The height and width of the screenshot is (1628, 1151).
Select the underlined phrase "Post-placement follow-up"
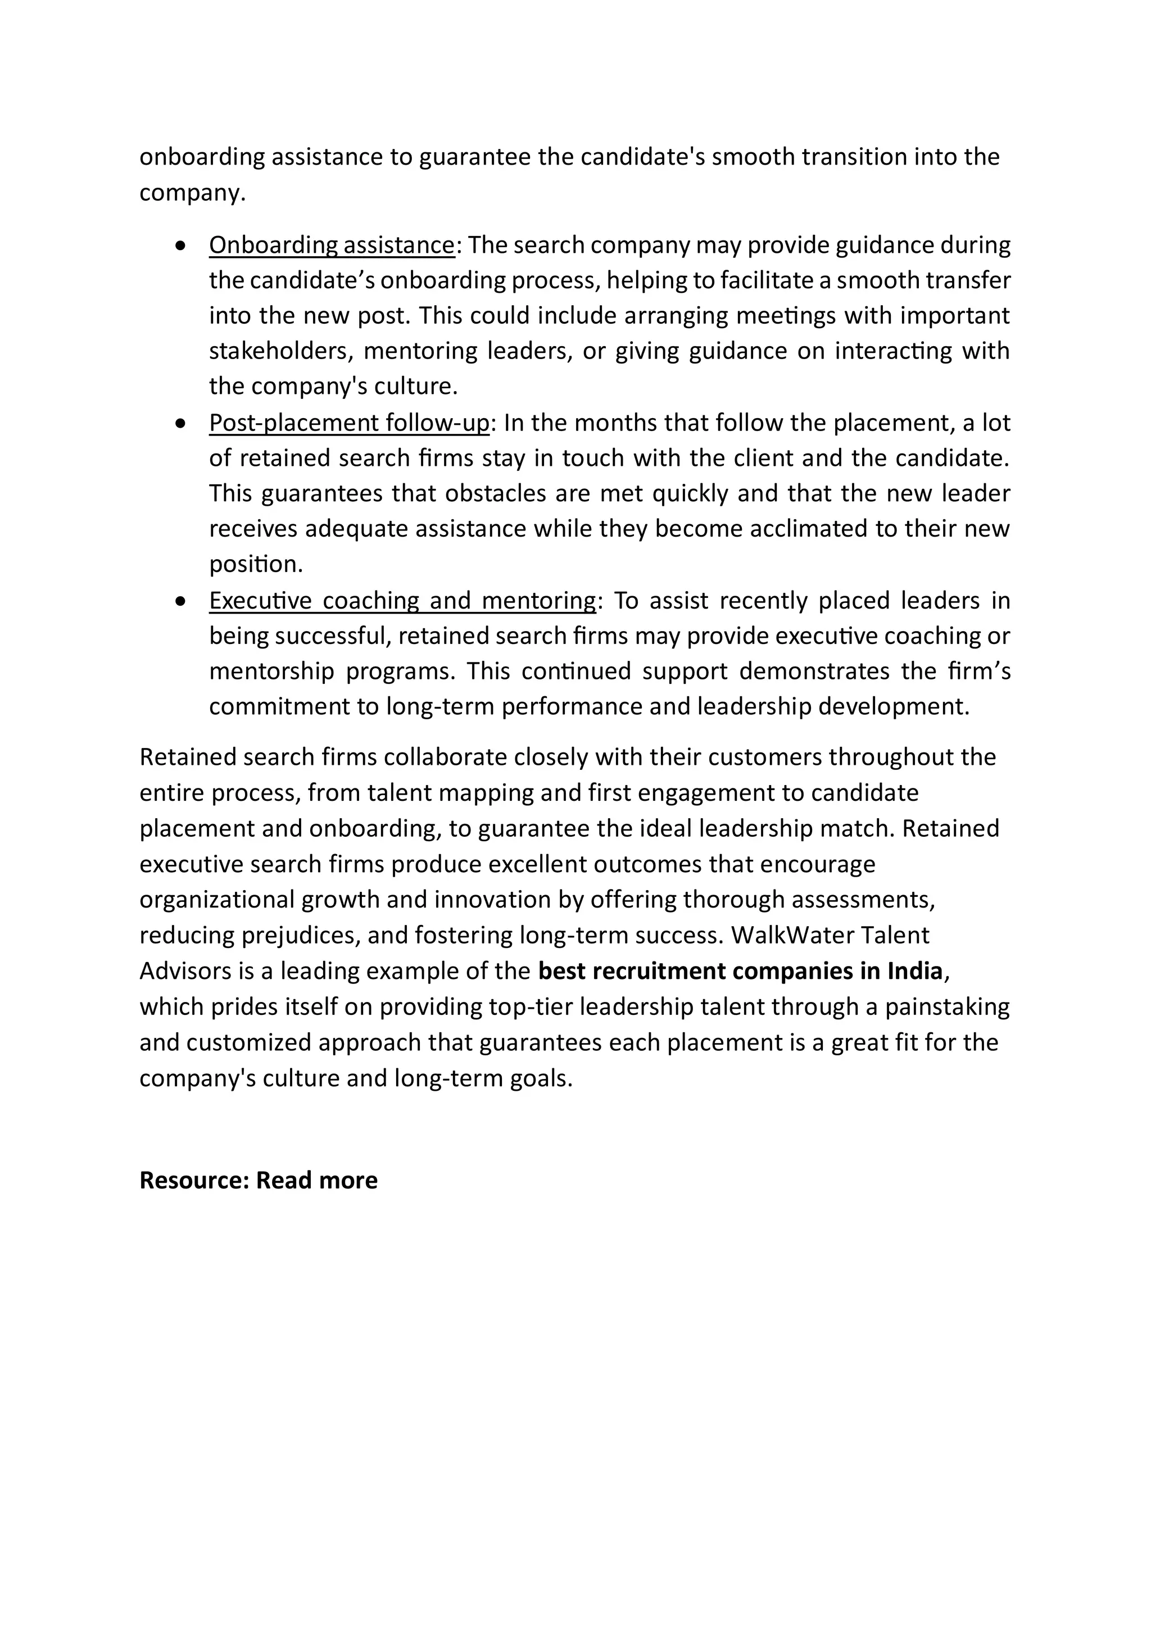[349, 423]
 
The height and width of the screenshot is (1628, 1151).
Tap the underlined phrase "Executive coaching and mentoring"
[402, 601]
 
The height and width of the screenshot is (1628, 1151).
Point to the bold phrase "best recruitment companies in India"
[740, 971]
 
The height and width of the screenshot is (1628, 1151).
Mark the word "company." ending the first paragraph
[192, 193]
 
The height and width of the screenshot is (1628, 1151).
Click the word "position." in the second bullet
[256, 564]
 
